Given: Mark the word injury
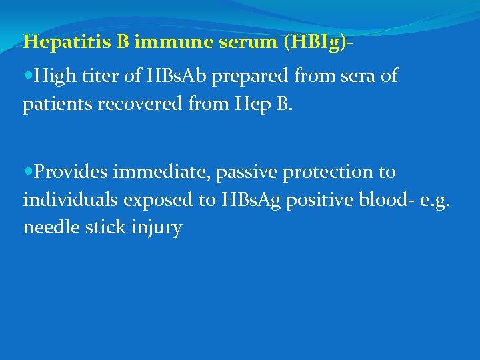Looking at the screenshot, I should (x=157, y=229).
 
